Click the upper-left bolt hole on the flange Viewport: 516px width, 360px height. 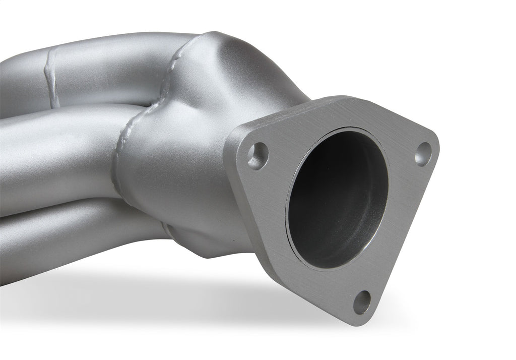pyautogui.click(x=258, y=155)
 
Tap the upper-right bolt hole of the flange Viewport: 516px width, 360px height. pyautogui.click(x=423, y=154)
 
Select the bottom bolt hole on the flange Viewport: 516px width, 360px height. pyautogui.click(x=362, y=302)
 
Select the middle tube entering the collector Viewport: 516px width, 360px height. pyautogui.click(x=60, y=146)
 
